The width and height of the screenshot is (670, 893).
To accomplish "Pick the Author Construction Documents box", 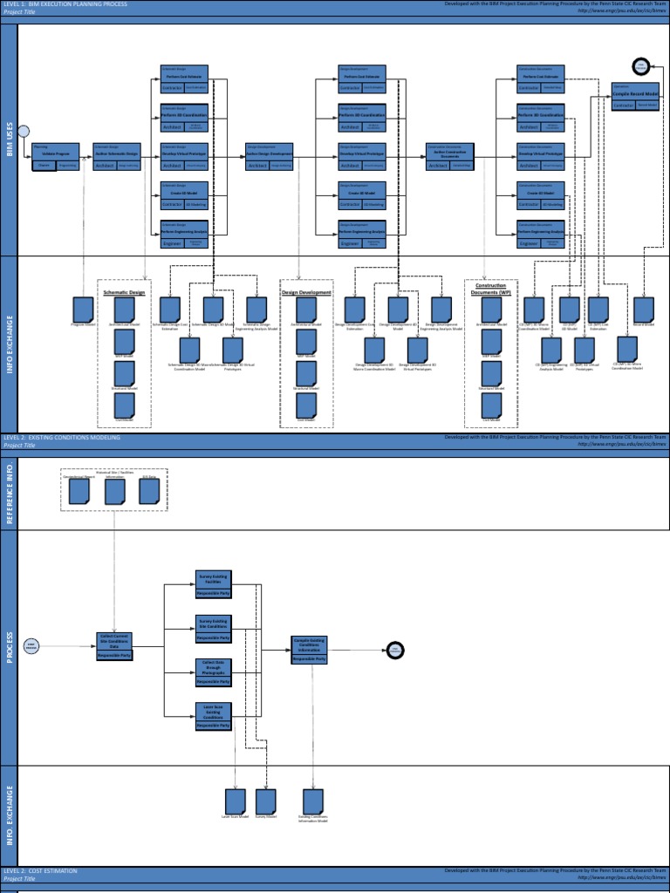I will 449,155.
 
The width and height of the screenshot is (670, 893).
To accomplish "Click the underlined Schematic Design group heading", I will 124,292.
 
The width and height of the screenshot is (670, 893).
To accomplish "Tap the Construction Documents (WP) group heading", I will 490,289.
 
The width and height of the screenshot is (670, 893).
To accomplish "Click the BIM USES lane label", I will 9,140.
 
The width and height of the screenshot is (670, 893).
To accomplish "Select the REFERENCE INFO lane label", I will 9,494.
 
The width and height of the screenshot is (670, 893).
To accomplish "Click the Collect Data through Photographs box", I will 213,672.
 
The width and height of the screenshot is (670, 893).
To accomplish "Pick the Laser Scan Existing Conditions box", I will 213,715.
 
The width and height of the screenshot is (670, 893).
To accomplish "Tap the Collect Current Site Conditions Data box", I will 114,646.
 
